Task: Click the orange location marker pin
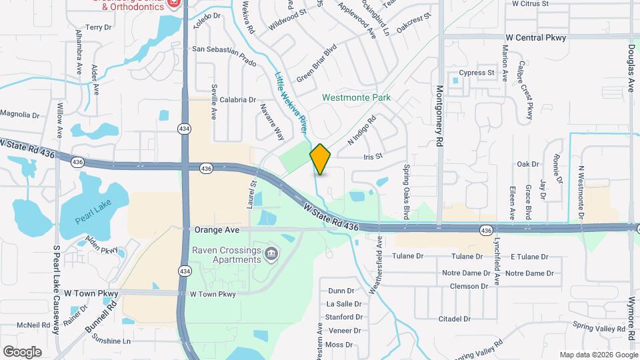pos(320,159)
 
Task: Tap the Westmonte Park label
pos(356,97)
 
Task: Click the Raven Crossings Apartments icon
pos(271,253)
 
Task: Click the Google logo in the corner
pos(23,351)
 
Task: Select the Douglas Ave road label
pos(630,64)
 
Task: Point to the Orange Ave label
pos(217,230)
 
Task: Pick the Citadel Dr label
pos(455,319)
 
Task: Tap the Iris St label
pos(373,157)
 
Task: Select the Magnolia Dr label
pos(21,114)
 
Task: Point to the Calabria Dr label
pos(238,100)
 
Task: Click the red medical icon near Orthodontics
pos(175,3)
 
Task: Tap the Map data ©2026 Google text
pos(597,355)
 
